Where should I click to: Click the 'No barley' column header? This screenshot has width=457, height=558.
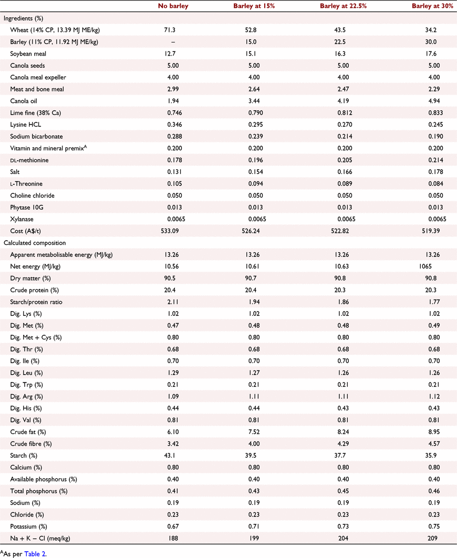(x=173, y=6)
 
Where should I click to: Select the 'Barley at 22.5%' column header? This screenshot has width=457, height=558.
(x=343, y=6)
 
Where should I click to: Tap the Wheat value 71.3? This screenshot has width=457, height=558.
(x=170, y=30)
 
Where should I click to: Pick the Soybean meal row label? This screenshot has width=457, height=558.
(x=28, y=54)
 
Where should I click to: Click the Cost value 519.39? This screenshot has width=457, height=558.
(x=431, y=231)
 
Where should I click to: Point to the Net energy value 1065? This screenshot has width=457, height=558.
(x=425, y=266)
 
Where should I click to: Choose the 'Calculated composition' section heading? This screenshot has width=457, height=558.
(x=35, y=243)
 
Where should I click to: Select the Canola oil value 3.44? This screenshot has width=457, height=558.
(x=254, y=101)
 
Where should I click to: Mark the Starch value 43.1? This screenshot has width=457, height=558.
(x=170, y=456)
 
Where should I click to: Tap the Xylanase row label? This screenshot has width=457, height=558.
(x=22, y=219)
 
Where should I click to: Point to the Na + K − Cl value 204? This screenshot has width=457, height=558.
(x=343, y=538)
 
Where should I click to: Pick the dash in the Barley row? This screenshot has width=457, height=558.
(x=173, y=42)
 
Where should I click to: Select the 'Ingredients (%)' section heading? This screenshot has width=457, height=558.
(x=23, y=18)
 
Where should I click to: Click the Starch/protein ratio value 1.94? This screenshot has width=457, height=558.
(x=254, y=302)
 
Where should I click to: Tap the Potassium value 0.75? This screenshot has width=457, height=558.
(x=434, y=526)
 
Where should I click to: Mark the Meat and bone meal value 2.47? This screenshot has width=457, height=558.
(x=343, y=89)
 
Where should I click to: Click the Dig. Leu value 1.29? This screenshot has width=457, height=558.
(x=173, y=373)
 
